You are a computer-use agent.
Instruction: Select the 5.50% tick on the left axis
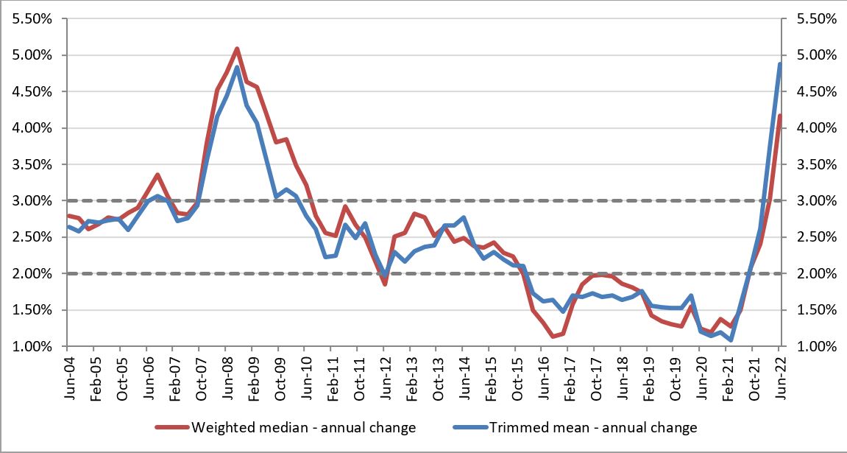tap(33, 19)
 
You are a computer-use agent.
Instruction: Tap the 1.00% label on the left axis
tap(33, 346)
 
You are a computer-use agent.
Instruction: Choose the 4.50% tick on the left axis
tap(33, 92)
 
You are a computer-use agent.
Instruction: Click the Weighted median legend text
tap(303, 427)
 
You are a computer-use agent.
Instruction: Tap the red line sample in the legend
tap(171, 427)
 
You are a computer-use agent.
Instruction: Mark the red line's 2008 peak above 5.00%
tap(236, 49)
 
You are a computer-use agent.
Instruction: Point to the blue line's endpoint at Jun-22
tap(779, 63)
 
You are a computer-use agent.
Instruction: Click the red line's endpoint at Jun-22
tap(779, 115)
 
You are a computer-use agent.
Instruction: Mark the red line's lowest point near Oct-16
tap(551, 337)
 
